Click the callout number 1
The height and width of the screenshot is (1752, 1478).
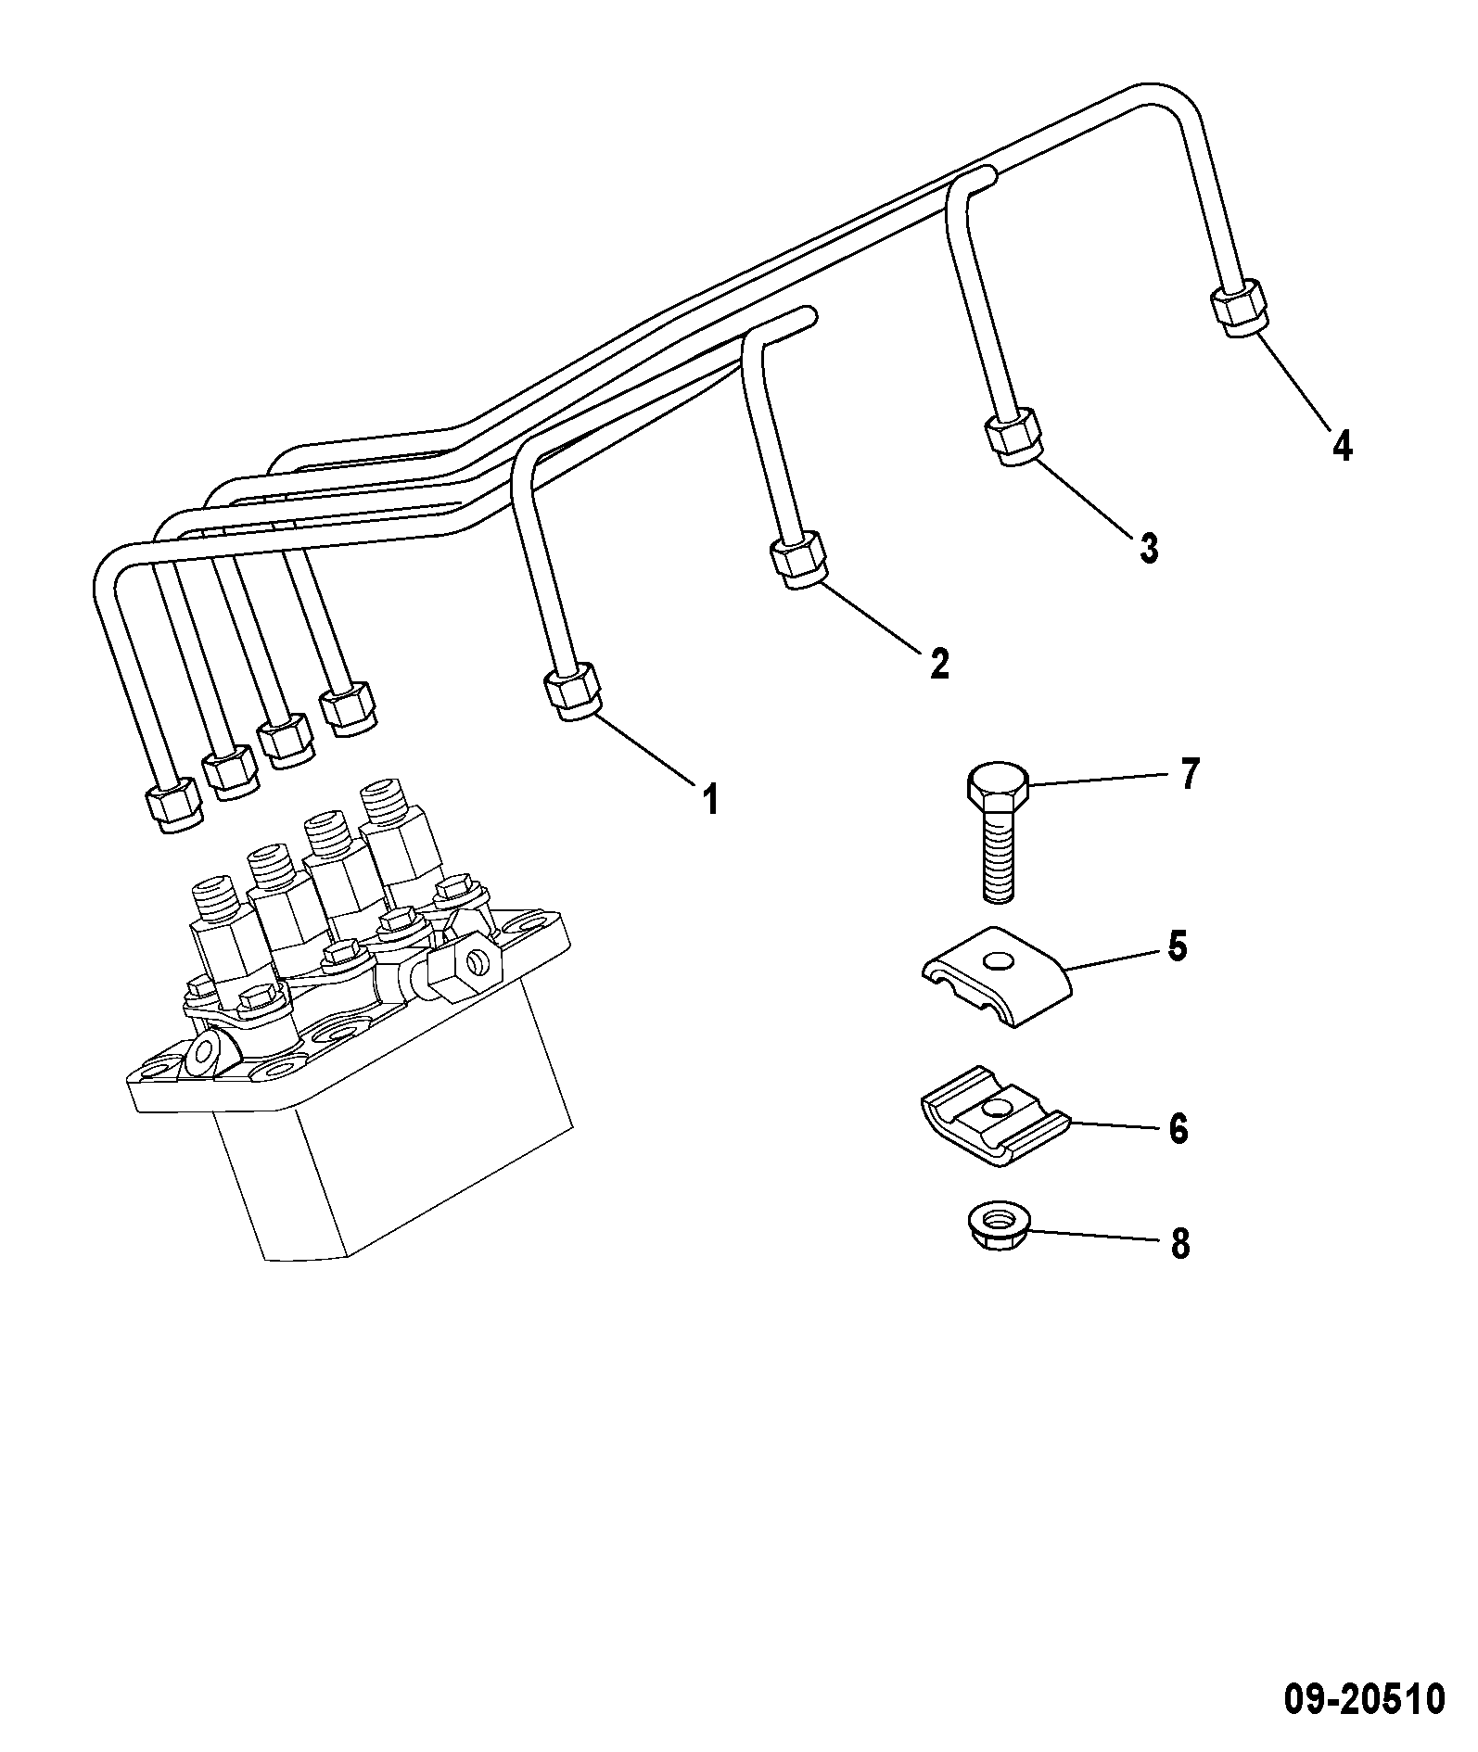710,799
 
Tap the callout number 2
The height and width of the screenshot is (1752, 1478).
939,664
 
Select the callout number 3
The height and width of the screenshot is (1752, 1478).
1148,549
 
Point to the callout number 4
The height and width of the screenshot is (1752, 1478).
1342,446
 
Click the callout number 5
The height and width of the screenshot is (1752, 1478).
1177,947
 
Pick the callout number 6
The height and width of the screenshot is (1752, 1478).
1178,1129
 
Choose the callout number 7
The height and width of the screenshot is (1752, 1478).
1189,774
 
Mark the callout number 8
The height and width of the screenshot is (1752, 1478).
1179,1244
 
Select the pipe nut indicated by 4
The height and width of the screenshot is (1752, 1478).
1238,308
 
